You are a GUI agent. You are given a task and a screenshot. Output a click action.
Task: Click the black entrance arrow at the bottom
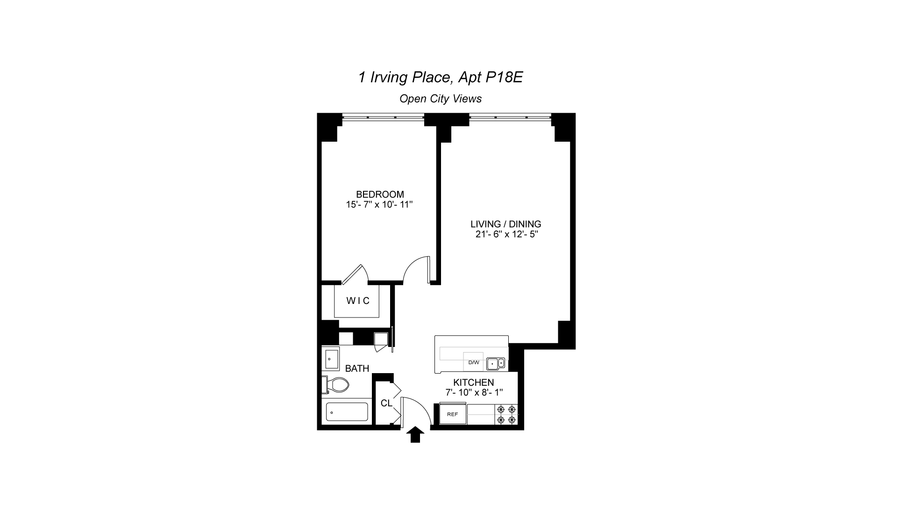point(415,435)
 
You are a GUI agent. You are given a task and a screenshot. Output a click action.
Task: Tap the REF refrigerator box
point(453,414)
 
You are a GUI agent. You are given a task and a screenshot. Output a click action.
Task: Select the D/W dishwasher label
point(474,362)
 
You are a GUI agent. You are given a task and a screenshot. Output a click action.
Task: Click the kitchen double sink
point(496,363)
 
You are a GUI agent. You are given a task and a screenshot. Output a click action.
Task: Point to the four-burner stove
point(506,414)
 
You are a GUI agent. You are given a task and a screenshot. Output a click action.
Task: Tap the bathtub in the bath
point(347,412)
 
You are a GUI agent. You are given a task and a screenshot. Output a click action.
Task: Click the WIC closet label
point(358,301)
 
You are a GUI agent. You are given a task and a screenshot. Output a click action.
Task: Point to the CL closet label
point(386,403)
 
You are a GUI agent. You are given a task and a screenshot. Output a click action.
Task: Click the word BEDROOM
point(380,195)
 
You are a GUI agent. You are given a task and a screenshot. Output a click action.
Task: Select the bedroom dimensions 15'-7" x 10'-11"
point(380,204)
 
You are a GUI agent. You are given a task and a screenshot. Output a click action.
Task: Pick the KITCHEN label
point(474,382)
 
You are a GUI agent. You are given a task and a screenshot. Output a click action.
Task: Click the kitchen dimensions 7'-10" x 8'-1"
point(474,392)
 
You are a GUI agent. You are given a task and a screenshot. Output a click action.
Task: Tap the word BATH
point(357,368)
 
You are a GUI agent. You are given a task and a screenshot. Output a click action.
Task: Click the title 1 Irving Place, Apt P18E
point(440,77)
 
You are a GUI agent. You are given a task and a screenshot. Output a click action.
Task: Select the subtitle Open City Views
point(440,99)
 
